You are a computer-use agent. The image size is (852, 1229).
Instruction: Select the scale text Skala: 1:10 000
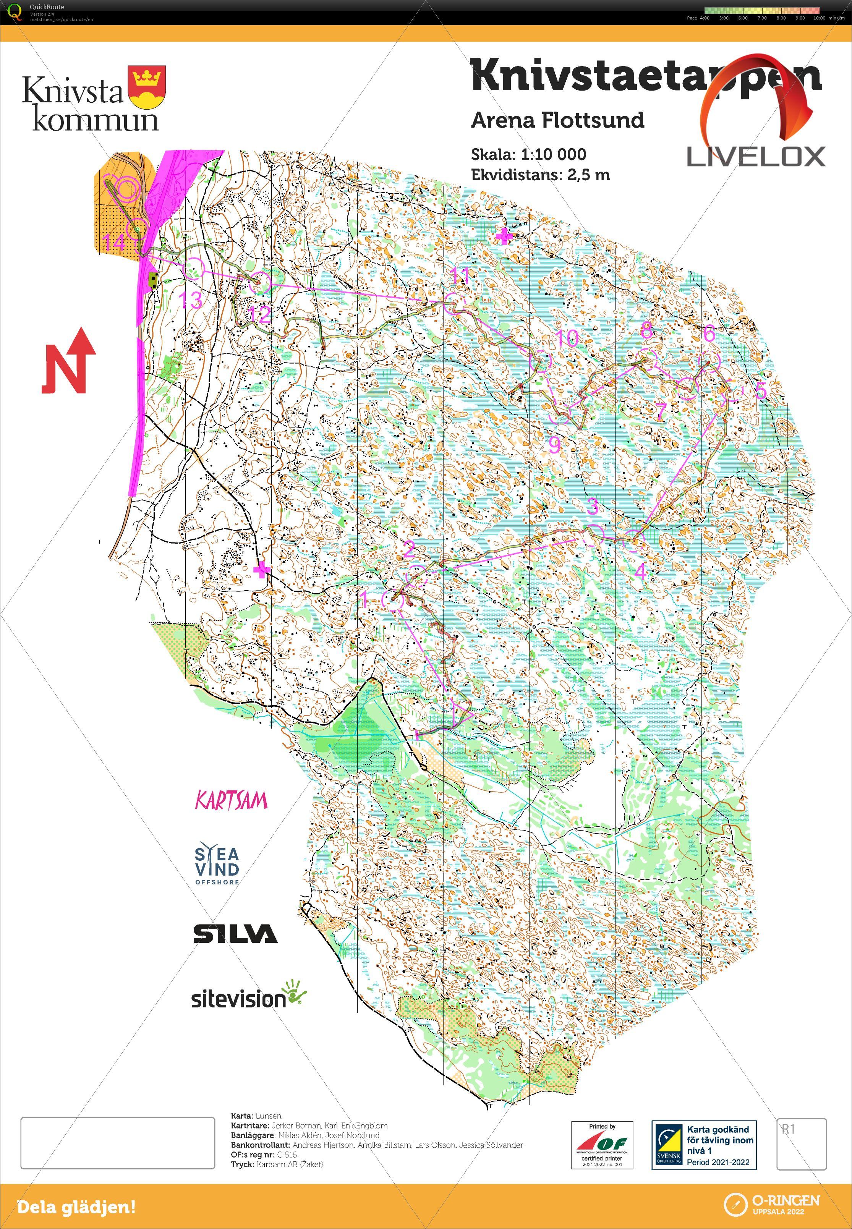tap(528, 155)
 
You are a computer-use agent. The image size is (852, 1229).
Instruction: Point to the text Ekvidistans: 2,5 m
tap(540, 175)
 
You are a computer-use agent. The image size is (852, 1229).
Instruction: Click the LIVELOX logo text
tap(755, 157)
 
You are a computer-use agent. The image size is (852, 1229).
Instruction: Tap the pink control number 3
tap(593, 506)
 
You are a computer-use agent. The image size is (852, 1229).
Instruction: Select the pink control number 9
tap(555, 444)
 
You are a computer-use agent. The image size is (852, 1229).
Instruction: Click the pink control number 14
tap(114, 243)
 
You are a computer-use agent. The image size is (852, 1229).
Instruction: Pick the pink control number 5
tap(761, 390)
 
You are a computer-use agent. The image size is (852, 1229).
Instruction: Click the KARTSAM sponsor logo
tap(231, 800)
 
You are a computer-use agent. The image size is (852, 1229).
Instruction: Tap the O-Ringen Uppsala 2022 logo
tap(771, 1205)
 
